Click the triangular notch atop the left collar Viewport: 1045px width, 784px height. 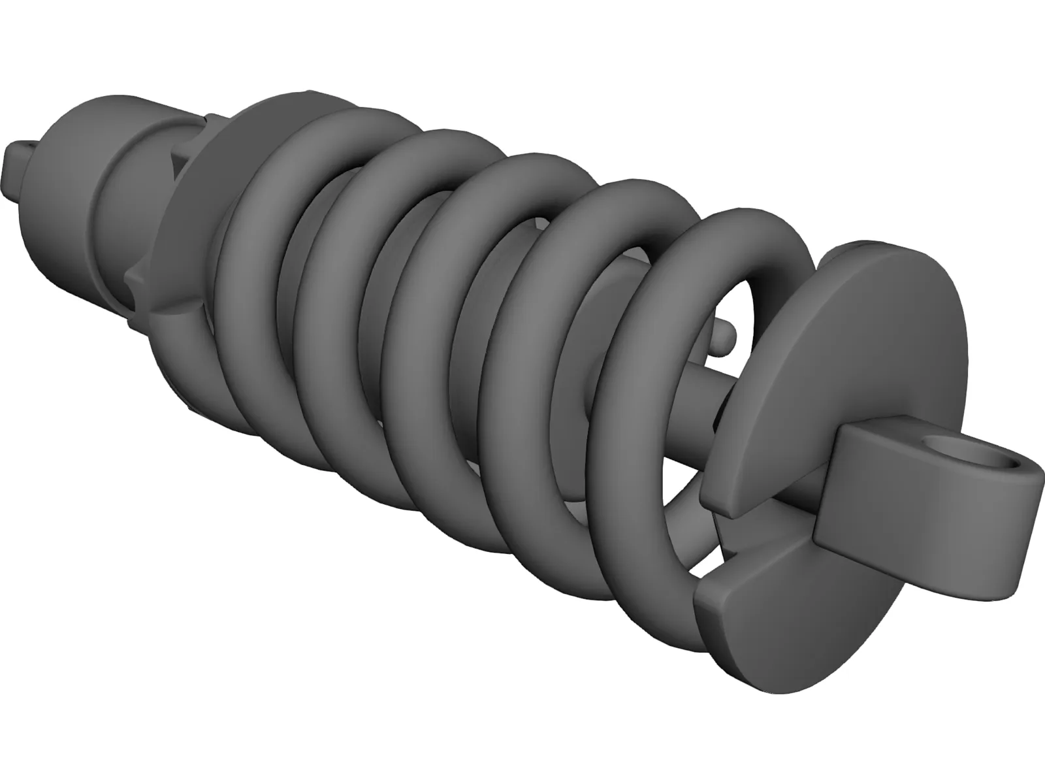[176, 160]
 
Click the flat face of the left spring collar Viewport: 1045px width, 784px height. [196, 216]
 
